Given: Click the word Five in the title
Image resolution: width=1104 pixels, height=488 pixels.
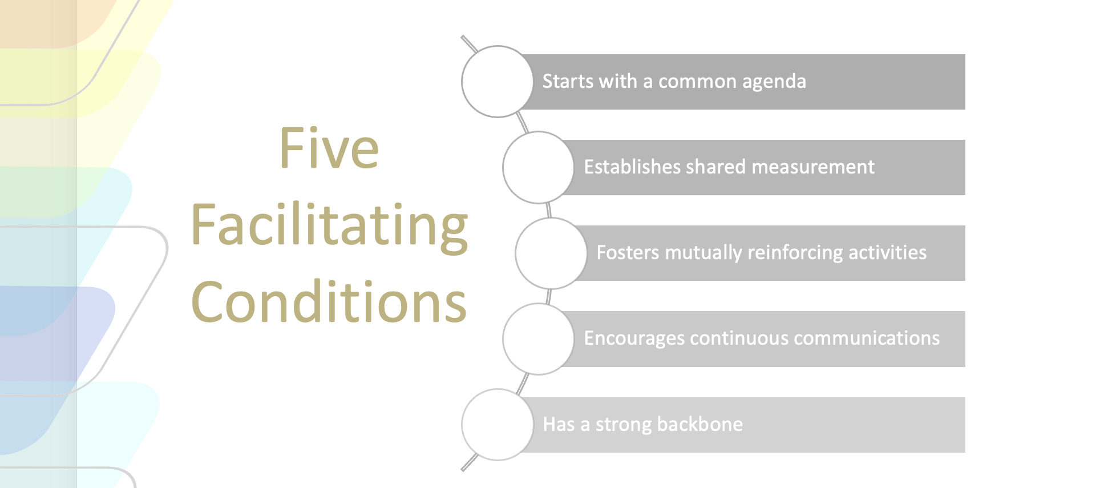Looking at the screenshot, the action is pos(329,148).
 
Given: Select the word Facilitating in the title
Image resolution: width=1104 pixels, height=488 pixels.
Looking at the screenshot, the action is pos(330,227).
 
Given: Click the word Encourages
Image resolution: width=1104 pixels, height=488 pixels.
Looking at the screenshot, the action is pos(634,339).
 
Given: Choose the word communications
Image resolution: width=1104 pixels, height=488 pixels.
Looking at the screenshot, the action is pos(867,338).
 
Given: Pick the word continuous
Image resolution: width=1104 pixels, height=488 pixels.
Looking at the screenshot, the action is pos(739,338).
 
